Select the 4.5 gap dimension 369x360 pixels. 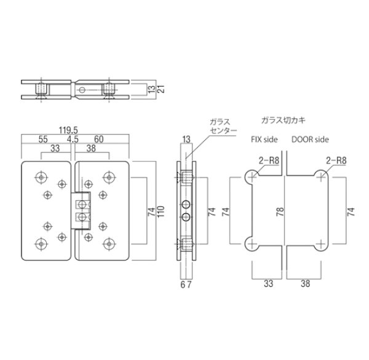click(x=73, y=139)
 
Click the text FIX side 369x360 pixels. click(x=264, y=139)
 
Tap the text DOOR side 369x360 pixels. click(x=311, y=139)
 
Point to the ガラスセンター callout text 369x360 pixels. click(x=220, y=127)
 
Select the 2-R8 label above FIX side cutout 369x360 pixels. click(x=269, y=160)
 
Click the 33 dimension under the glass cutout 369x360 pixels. click(x=269, y=285)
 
